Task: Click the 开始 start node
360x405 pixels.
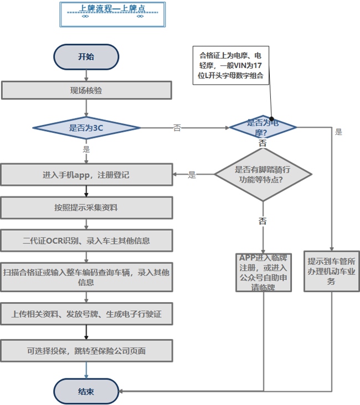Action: click(86, 56)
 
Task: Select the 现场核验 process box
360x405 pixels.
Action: click(86, 91)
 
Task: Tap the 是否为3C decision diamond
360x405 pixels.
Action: click(86, 128)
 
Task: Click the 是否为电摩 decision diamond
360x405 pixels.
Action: click(263, 127)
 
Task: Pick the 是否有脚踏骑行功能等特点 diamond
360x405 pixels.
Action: click(263, 175)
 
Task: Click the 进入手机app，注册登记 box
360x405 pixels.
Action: click(86, 175)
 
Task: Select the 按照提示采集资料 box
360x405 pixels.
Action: click(86, 208)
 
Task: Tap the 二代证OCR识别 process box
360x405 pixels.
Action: click(86, 241)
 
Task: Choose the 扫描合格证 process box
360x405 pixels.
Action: click(86, 277)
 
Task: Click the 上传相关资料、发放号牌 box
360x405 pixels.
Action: click(86, 314)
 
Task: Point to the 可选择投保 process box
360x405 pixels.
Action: click(86, 350)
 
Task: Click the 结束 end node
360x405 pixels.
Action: click(86, 391)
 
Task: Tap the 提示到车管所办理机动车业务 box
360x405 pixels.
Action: click(333, 272)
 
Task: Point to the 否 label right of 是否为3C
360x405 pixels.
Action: click(177, 128)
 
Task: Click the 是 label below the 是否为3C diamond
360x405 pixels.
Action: click(86, 149)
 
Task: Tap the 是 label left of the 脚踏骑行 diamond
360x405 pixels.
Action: click(192, 175)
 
